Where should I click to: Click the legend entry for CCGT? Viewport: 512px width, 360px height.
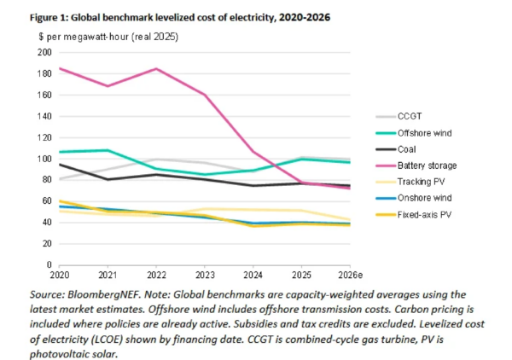[x=417, y=116]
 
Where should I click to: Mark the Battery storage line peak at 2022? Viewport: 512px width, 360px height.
[x=156, y=69]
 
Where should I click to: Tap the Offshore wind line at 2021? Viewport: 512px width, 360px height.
[x=106, y=150]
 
